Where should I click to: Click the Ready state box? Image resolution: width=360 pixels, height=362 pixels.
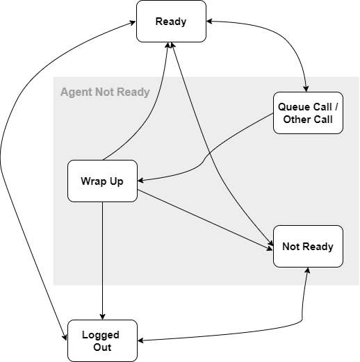[171, 21]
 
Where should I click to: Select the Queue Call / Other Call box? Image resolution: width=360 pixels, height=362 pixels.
[308, 113]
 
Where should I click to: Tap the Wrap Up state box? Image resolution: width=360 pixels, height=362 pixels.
[102, 181]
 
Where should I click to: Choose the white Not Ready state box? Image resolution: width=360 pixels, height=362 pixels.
[308, 246]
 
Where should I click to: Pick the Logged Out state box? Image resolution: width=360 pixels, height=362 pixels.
[102, 340]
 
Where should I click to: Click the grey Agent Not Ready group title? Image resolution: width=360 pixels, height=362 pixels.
[105, 92]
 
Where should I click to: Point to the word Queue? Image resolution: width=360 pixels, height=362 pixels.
[293, 107]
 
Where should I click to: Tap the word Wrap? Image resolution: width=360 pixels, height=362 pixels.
[92, 181]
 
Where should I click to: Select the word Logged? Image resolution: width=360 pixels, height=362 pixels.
[102, 335]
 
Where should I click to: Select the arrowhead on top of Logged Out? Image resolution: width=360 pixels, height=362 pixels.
[102, 315]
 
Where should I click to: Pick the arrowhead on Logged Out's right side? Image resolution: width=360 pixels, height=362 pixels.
[141, 340]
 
